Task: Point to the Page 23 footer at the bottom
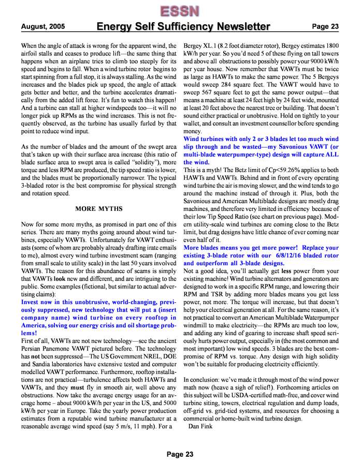(x=180, y=454)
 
